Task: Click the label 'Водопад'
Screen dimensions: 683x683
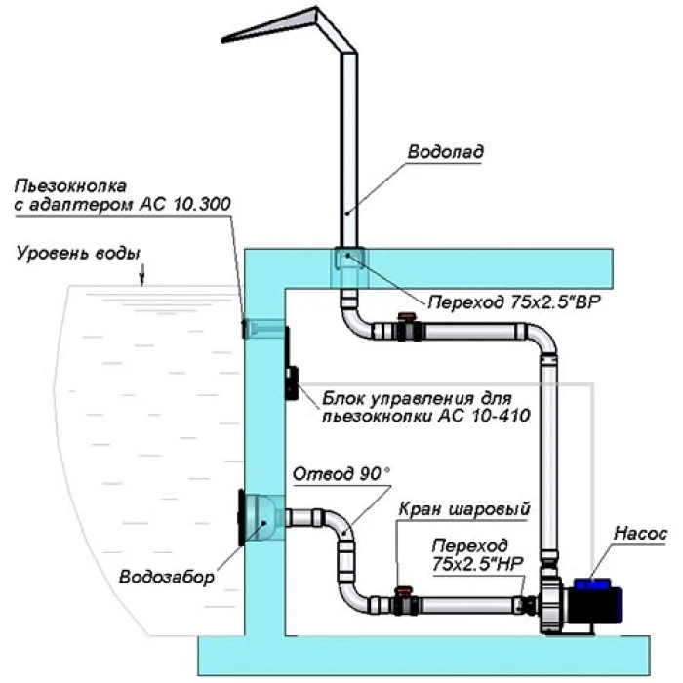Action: coord(445,153)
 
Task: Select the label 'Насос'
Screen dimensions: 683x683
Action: coord(640,534)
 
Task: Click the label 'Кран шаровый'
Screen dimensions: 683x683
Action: coord(464,508)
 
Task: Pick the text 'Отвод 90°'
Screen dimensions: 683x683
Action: coord(341,474)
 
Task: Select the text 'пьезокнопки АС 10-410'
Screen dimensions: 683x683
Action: coord(424,417)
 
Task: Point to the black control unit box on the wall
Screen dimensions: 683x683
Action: coord(291,365)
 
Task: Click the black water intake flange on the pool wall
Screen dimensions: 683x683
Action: coord(240,517)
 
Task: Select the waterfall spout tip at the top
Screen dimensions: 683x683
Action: coord(226,39)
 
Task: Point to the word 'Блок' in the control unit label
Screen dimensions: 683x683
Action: coord(342,397)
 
